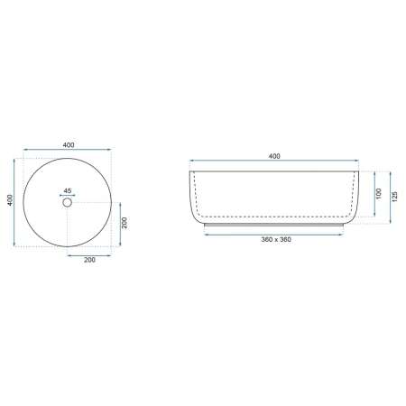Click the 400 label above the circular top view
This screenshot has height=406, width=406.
(x=69, y=145)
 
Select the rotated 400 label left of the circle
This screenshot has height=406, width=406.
(x=10, y=200)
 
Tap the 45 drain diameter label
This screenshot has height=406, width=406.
(x=68, y=190)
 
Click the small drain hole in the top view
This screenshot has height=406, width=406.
(x=68, y=202)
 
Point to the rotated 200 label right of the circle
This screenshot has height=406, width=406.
(x=125, y=223)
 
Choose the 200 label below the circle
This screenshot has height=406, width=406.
(x=89, y=260)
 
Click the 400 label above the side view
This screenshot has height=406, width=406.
(x=274, y=156)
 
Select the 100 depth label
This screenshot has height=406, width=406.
(x=379, y=193)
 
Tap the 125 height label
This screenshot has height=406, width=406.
(x=395, y=197)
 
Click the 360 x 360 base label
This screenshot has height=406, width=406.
(x=276, y=239)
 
